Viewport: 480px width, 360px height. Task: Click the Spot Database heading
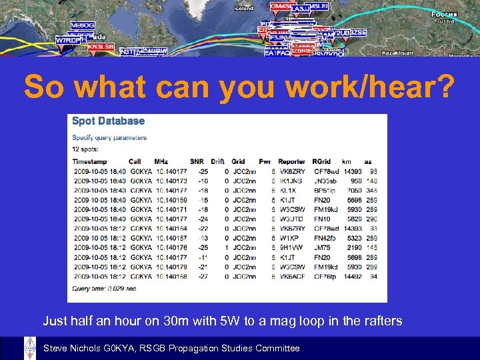click(108, 121)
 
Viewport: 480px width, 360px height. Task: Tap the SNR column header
click(196, 161)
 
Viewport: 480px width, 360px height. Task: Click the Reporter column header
click(292, 161)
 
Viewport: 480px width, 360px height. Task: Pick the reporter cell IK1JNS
click(290, 180)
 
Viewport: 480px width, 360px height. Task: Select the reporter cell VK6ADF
click(293, 276)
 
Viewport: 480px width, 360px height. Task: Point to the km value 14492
click(351, 276)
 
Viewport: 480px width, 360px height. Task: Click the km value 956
click(355, 180)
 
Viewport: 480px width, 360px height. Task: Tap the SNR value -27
click(202, 276)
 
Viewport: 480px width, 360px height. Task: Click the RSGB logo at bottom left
click(29, 348)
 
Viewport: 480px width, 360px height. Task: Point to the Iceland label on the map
click(244, 8)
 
